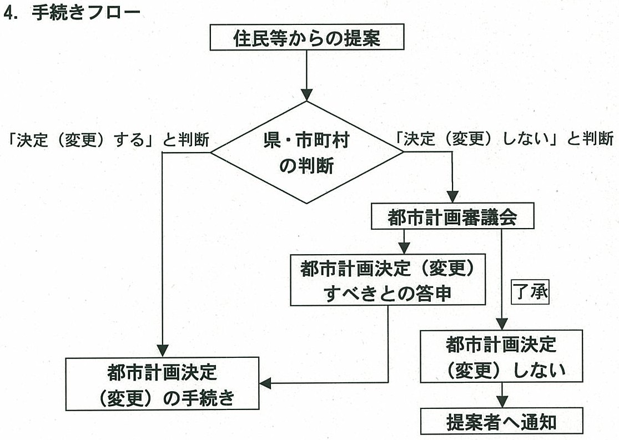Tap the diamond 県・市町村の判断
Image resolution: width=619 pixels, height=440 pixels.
coord(307,153)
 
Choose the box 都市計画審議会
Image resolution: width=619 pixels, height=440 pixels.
coord(452,218)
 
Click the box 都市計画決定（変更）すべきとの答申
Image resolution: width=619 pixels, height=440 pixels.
coord(387,279)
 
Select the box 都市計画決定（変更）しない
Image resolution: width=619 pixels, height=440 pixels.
coord(501,356)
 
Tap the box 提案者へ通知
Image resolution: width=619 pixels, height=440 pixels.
coord(501,421)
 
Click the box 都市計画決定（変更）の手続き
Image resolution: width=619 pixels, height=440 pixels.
coord(163,384)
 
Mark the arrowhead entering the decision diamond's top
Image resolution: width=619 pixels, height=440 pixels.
coord(306,94)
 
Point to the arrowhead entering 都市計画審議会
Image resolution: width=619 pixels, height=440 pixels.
coord(452,197)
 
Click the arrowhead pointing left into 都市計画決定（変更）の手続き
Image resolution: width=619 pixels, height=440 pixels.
coord(265,383)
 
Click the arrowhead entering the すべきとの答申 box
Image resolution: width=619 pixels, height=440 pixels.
coord(404,247)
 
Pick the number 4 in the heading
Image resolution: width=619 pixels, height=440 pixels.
coord(8,14)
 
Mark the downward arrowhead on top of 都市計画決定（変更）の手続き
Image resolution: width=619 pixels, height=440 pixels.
coord(162,350)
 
